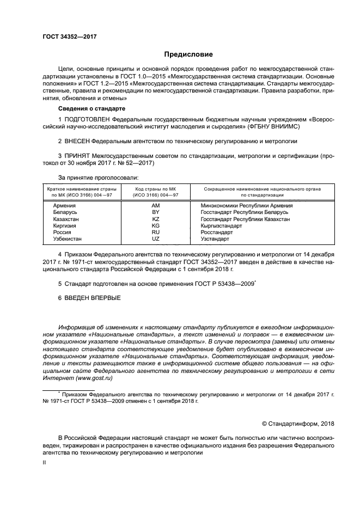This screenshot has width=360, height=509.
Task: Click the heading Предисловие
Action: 189,54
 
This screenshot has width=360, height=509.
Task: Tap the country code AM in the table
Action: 155,206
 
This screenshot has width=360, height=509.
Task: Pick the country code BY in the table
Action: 155,212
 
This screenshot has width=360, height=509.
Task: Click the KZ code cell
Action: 155,219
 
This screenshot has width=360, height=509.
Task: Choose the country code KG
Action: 155,225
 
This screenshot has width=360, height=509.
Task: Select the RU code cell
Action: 155,232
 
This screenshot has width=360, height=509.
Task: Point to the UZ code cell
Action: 155,238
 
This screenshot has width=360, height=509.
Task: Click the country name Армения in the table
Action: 65,206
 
